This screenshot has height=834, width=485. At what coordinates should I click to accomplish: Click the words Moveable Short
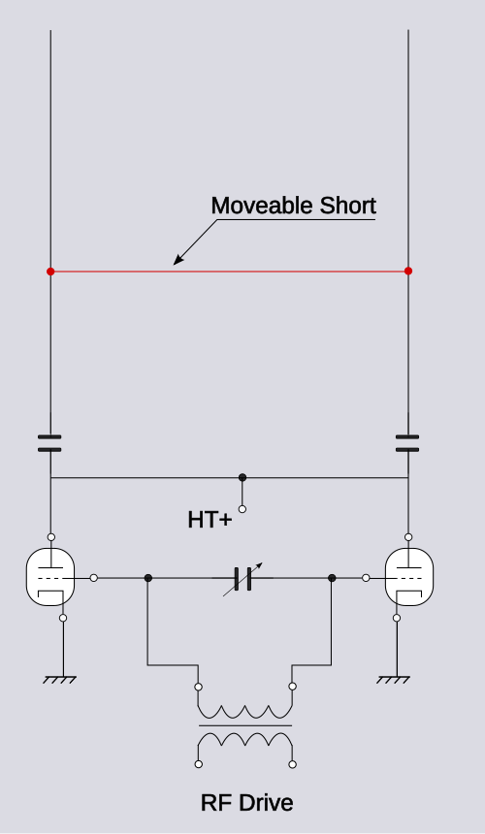pyautogui.click(x=294, y=206)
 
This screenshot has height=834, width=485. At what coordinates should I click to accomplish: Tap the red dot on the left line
pyautogui.click(x=50, y=272)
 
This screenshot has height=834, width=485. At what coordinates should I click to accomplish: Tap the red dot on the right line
pyautogui.click(x=408, y=271)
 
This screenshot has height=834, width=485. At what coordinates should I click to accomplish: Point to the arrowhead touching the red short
pyautogui.click(x=178, y=260)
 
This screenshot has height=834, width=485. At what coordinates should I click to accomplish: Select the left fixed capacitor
pyautogui.click(x=49, y=443)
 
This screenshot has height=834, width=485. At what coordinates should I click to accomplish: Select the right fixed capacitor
pyautogui.click(x=407, y=443)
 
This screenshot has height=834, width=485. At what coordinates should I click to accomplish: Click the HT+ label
pyautogui.click(x=210, y=520)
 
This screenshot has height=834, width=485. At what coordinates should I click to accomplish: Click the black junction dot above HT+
pyautogui.click(x=242, y=477)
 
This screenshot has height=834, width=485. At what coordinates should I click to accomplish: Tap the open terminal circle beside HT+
pyautogui.click(x=242, y=509)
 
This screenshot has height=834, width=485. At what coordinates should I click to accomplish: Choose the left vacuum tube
pyautogui.click(x=50, y=577)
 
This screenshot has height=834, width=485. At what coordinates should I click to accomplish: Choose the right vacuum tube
pyautogui.click(x=409, y=577)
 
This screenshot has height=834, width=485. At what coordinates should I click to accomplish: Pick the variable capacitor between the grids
pyautogui.click(x=243, y=579)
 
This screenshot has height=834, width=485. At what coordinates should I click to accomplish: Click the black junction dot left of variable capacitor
pyautogui.click(x=148, y=578)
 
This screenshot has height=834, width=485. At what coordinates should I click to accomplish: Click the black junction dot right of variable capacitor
pyautogui.click(x=332, y=578)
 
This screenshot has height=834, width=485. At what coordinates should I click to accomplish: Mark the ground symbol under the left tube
pyautogui.click(x=59, y=679)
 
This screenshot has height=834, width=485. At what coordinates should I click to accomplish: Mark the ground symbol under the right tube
pyautogui.click(x=393, y=679)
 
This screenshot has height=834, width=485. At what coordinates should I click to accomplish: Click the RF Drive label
pyautogui.click(x=246, y=803)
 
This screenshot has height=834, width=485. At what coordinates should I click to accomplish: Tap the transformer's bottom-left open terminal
pyautogui.click(x=198, y=764)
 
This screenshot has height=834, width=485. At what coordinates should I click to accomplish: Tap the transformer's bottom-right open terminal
pyautogui.click(x=293, y=764)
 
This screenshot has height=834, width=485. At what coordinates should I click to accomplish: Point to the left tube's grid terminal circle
pyautogui.click(x=93, y=578)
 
